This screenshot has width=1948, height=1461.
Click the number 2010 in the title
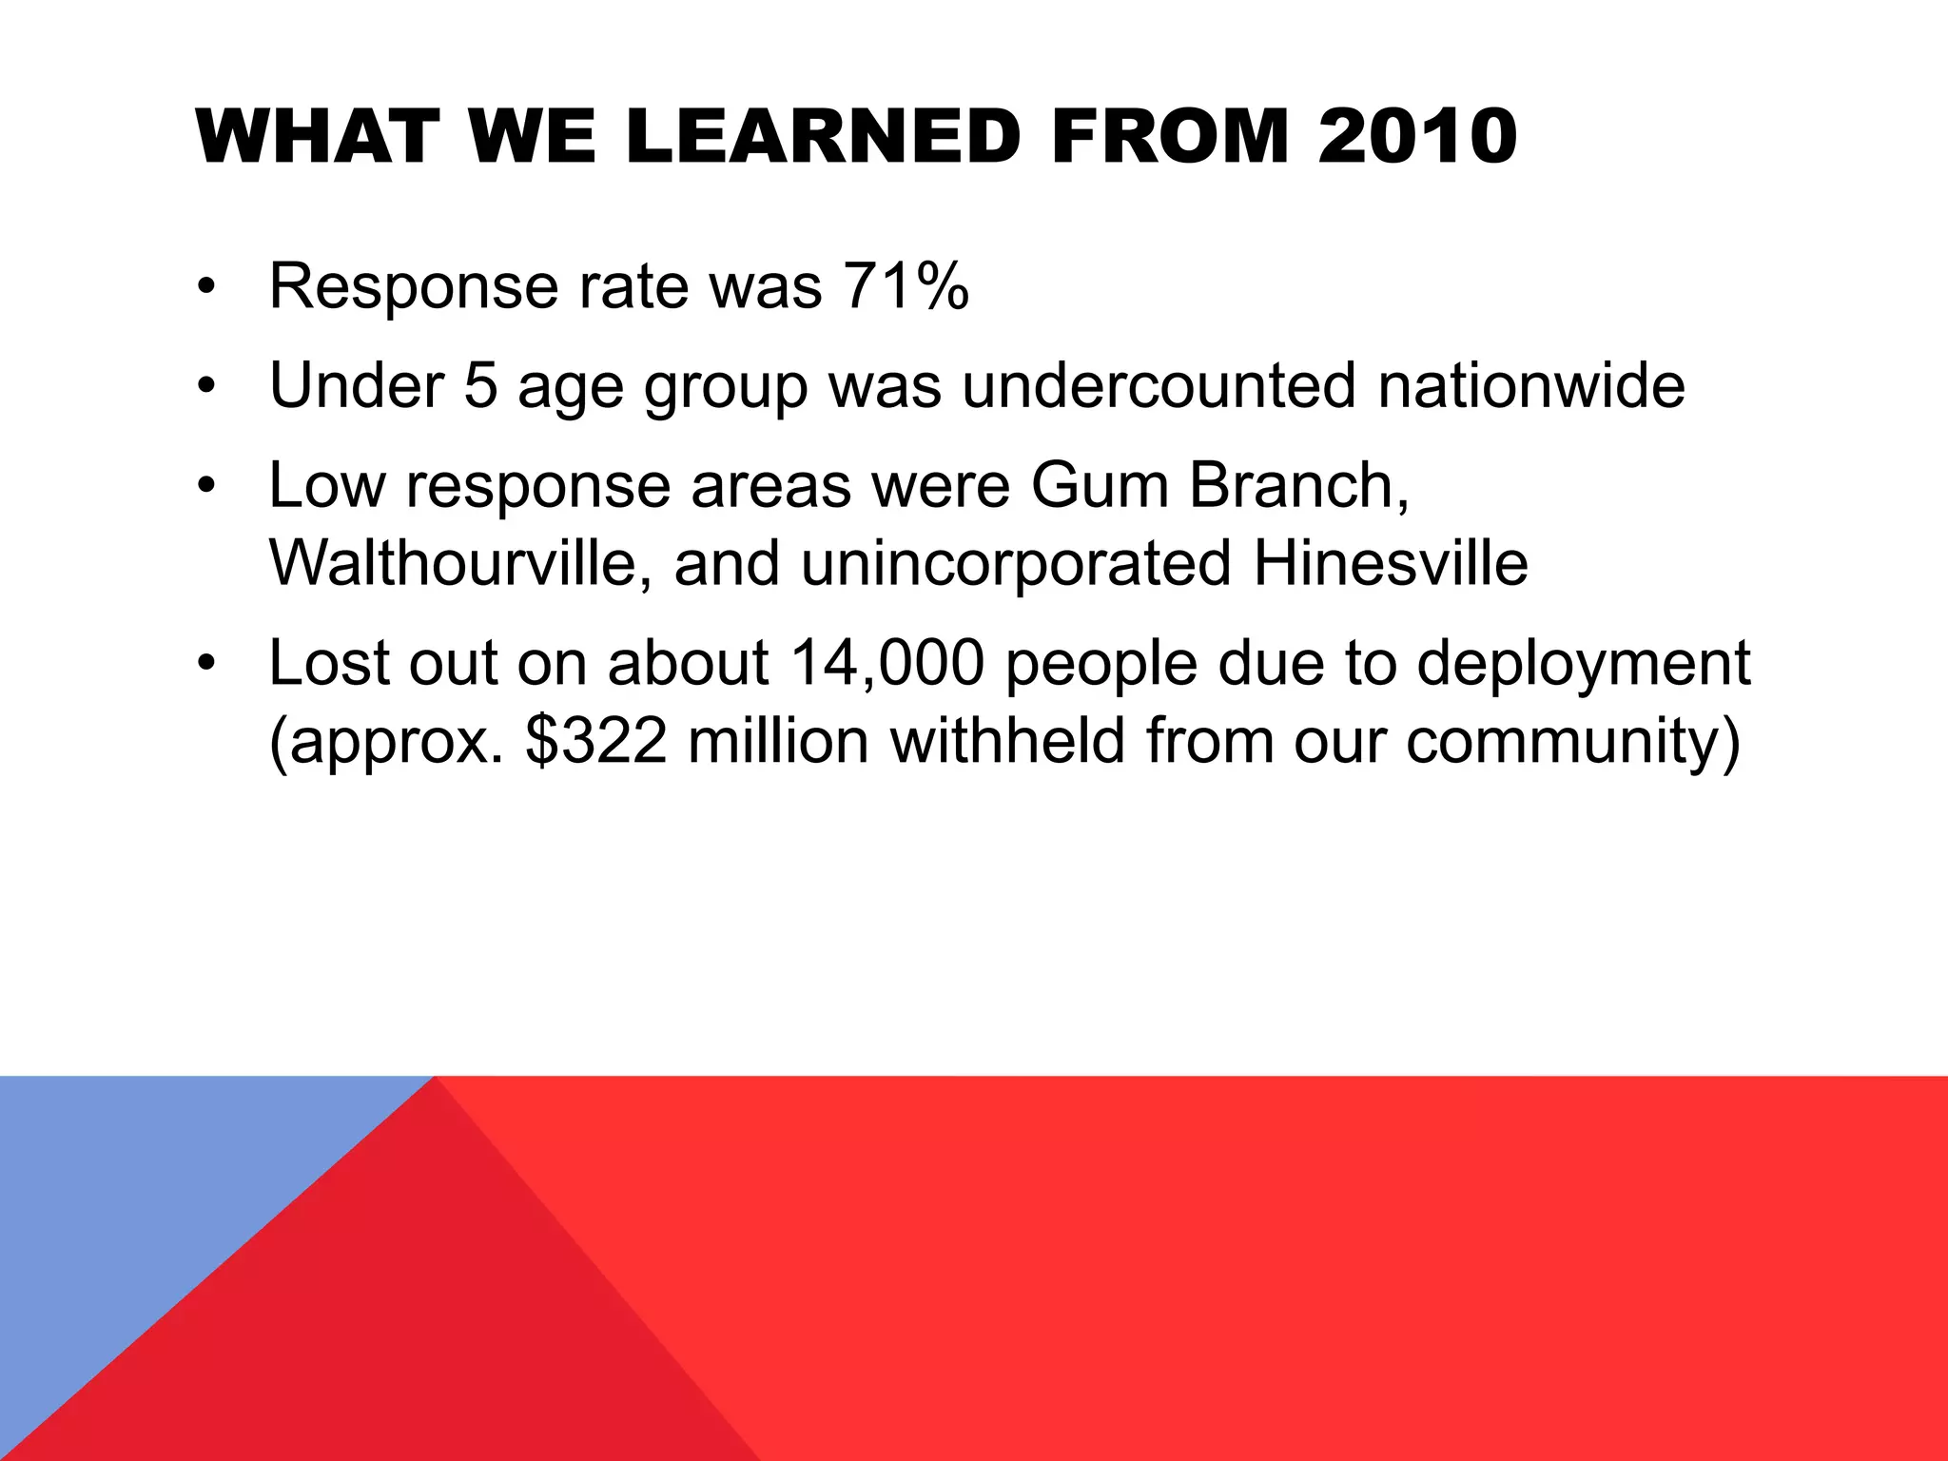pos(1417,138)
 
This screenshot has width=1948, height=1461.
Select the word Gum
pos(1099,485)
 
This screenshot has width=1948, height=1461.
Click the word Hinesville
pos(1391,563)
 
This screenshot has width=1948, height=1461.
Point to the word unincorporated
pos(1016,563)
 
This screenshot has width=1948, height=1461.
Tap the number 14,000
pos(886,663)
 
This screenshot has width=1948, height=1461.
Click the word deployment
pos(1583,663)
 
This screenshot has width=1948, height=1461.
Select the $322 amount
pos(596,741)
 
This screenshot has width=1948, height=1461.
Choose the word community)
pos(1573,741)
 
